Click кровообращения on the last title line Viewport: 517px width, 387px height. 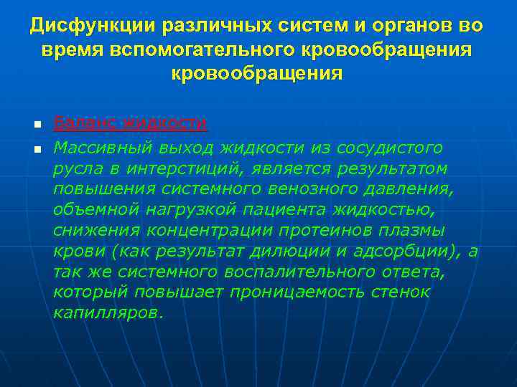[257, 74]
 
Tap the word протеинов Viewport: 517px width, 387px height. [337, 231]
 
